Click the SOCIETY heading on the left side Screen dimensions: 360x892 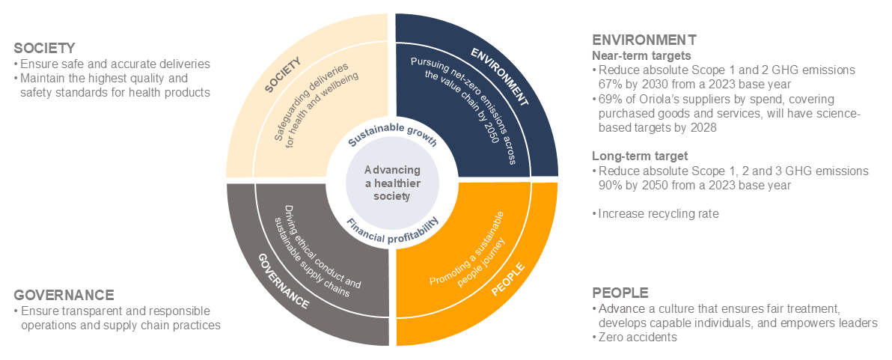pyautogui.click(x=45, y=48)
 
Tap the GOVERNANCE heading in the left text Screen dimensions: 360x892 pyautogui.click(x=64, y=294)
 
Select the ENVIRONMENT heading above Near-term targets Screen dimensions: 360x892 pyautogui.click(x=644, y=40)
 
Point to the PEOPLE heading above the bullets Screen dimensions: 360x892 pyautogui.click(x=620, y=292)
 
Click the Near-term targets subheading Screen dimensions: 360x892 pyautogui.click(x=641, y=55)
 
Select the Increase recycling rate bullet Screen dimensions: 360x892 pyautogui.click(x=659, y=214)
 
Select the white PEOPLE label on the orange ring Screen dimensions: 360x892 pyautogui.click(x=509, y=278)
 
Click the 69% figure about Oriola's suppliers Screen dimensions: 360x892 pyautogui.click(x=610, y=99)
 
